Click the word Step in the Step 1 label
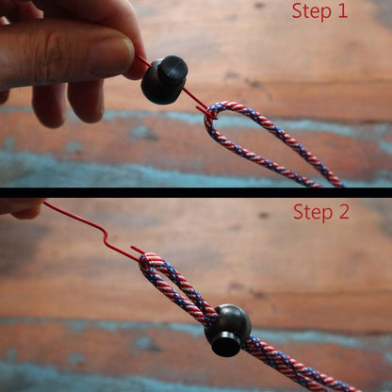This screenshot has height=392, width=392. [311, 11]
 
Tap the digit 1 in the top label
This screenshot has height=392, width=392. [341, 11]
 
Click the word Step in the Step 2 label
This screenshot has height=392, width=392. [311, 211]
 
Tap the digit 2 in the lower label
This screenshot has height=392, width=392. [342, 211]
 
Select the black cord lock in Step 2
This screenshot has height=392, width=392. [228, 329]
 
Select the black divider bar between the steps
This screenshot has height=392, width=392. [196, 192]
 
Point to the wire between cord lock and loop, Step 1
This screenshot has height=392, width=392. [194, 100]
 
